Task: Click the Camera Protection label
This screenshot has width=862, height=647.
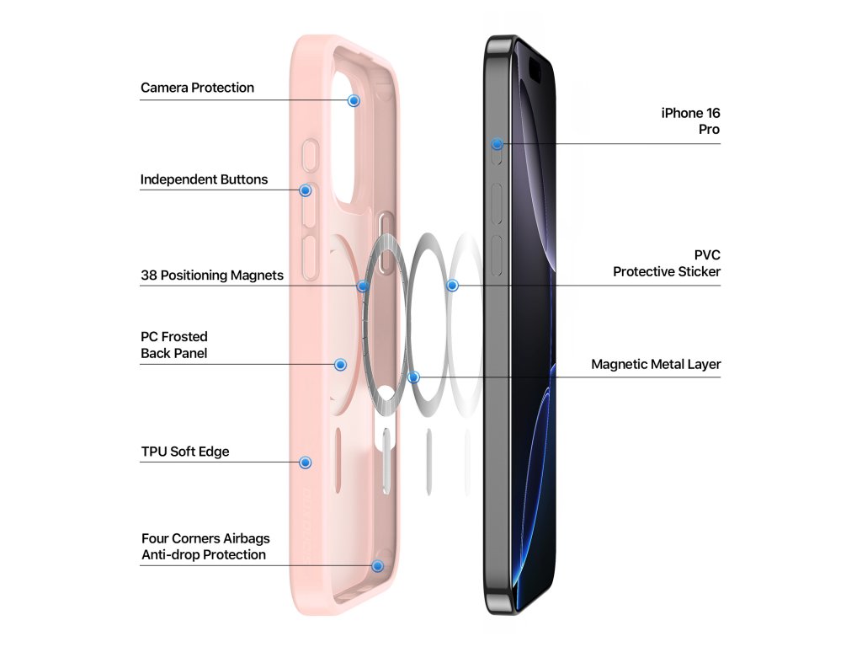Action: [x=197, y=88]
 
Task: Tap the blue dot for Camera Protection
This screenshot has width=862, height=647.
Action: [x=354, y=100]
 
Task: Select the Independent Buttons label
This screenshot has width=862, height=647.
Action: [x=204, y=179]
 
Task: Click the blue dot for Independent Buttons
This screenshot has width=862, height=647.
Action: [x=306, y=190]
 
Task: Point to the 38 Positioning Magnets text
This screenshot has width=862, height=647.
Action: [x=212, y=275]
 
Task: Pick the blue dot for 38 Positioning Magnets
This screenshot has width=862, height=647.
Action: [x=363, y=286]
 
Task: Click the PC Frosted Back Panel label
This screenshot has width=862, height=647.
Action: [x=174, y=345]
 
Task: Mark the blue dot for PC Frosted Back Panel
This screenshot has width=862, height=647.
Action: [x=341, y=365]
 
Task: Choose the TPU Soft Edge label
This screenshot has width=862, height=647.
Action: [x=185, y=452]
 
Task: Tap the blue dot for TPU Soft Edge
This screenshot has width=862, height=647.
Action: [x=306, y=463]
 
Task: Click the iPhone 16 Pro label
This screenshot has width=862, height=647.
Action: [x=691, y=121]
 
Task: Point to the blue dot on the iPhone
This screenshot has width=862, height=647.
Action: [x=498, y=144]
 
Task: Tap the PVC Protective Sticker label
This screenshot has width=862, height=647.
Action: [x=667, y=263]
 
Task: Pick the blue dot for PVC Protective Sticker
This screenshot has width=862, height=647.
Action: [x=452, y=286]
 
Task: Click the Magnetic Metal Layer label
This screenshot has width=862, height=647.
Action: [x=656, y=365]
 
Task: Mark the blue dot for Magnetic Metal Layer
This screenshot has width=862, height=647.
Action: [x=413, y=377]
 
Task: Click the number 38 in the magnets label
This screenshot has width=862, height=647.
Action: [x=148, y=275]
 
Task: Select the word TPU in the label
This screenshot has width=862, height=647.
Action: [x=154, y=452]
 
